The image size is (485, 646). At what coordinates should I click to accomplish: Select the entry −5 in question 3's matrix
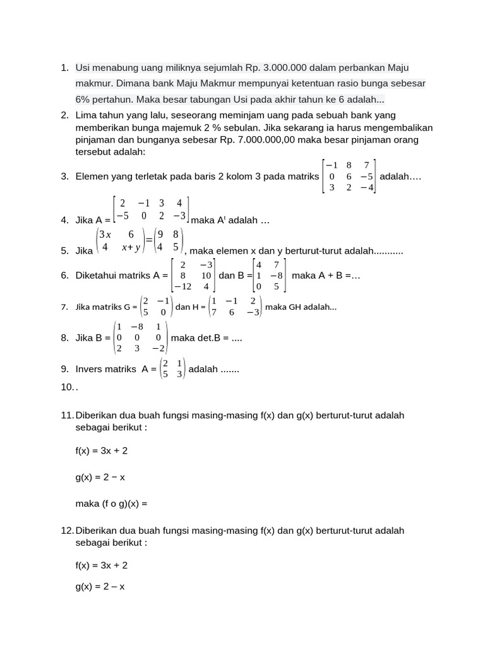point(366,176)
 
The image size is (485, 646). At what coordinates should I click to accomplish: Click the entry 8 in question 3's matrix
point(349,165)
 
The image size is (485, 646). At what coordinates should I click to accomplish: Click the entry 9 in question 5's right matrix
point(161,235)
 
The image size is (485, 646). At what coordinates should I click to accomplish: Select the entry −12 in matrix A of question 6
point(183,286)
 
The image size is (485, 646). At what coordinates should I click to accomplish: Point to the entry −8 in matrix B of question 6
point(276,276)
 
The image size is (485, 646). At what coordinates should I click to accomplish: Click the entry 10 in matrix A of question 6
point(206,276)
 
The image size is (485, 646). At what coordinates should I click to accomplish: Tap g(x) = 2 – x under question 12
point(100,586)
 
